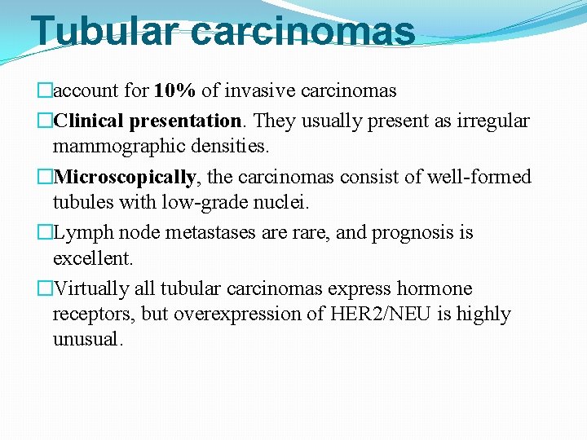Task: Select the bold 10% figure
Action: point(176,90)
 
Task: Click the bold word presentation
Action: point(183,121)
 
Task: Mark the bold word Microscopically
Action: point(125,177)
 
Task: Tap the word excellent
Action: point(92,258)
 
